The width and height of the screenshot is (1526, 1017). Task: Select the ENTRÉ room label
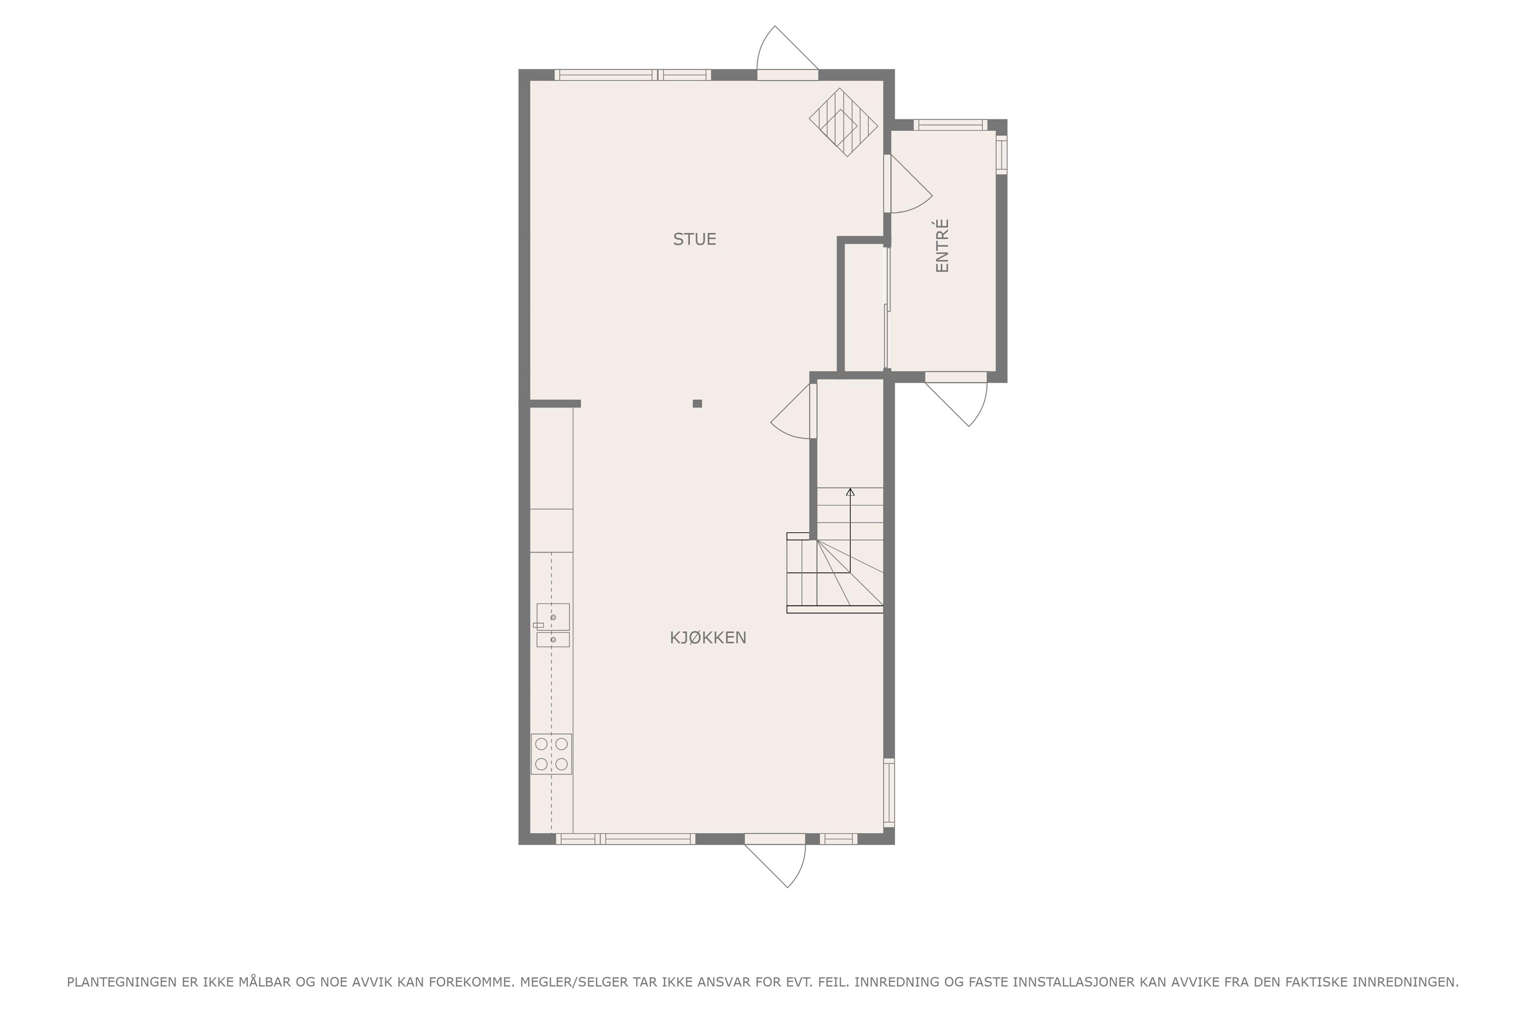coord(942,246)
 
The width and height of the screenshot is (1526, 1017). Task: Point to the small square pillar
coord(697,404)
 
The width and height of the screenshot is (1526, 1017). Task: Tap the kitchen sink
coord(553,625)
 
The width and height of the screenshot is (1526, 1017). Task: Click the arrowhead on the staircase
coord(850,492)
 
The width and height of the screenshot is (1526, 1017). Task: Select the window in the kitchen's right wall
coord(889,793)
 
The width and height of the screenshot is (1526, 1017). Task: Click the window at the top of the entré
coord(951,124)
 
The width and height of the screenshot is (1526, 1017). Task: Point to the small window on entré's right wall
coord(1002,155)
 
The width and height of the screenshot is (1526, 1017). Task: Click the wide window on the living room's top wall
coord(633,75)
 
